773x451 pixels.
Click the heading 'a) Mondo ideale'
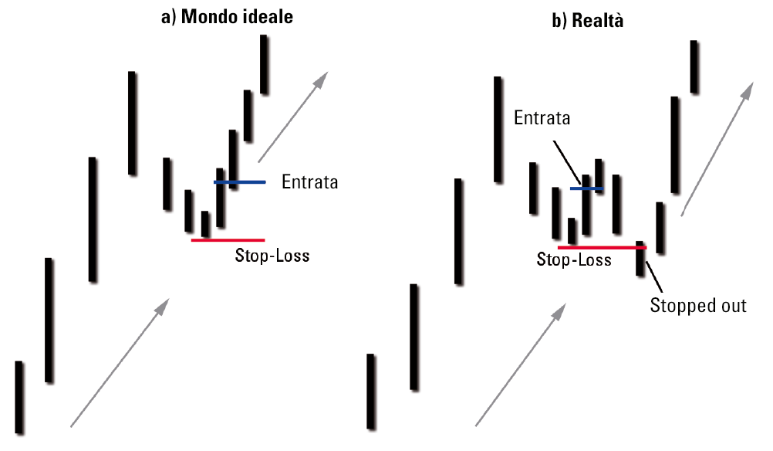[x=226, y=16]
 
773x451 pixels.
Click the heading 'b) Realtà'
[x=587, y=21]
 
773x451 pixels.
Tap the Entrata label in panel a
[x=309, y=182]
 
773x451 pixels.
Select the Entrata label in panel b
[x=542, y=118]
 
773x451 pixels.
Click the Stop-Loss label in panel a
[x=272, y=255]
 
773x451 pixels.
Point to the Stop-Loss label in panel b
[x=574, y=259]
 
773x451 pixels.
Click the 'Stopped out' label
[x=698, y=305]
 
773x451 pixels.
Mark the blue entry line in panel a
[x=240, y=182]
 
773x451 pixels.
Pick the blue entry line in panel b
[x=586, y=188]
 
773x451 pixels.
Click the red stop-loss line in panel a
[x=228, y=240]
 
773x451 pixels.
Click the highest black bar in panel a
[x=264, y=64]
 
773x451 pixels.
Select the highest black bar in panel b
[x=694, y=67]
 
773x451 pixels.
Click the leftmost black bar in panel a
[x=19, y=397]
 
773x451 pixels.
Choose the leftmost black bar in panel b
[x=371, y=391]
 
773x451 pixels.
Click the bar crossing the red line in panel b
[x=640, y=258]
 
